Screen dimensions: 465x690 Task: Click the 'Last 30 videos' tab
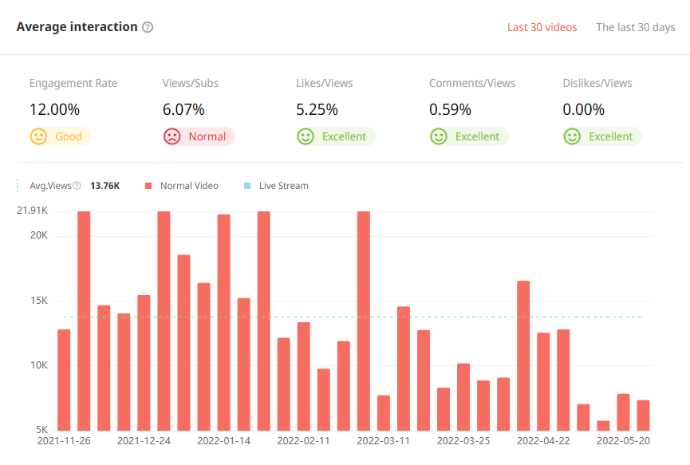click(542, 27)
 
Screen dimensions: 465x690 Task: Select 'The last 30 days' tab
click(636, 27)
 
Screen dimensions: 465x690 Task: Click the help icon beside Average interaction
click(148, 27)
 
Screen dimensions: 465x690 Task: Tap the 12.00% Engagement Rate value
click(54, 109)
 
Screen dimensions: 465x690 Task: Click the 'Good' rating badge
click(60, 136)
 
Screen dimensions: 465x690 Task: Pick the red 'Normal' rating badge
click(198, 136)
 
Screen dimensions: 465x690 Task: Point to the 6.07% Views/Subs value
click(183, 109)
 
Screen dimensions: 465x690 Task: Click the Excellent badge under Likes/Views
click(335, 136)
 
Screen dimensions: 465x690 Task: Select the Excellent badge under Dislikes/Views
click(602, 136)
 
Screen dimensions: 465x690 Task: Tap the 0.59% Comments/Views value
click(450, 109)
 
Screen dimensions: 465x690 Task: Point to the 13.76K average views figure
click(105, 186)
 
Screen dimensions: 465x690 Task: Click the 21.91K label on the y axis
click(33, 211)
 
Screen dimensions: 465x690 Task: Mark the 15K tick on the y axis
click(39, 301)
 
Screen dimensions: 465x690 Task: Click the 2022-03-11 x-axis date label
click(383, 440)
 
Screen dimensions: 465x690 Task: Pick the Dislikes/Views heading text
click(597, 83)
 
